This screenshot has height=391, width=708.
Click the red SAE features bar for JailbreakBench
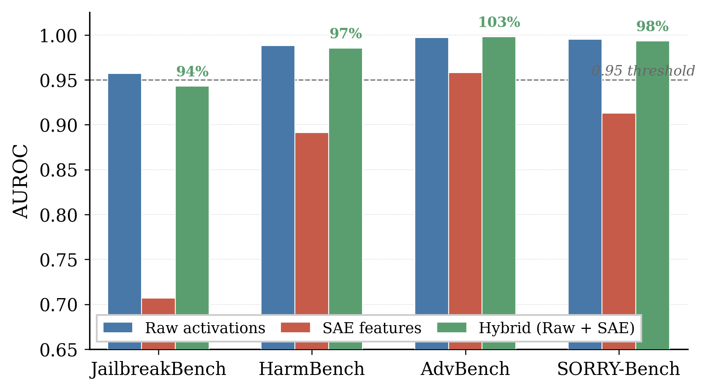click(158, 307)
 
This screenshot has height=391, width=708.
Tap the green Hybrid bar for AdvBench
click(499, 177)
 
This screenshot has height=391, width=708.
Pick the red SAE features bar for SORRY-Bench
click(619, 211)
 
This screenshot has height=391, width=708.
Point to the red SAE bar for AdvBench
click(465, 190)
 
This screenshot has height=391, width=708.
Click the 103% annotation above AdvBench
click(499, 22)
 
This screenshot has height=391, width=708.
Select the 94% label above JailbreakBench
click(192, 72)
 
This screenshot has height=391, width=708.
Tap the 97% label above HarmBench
click(346, 34)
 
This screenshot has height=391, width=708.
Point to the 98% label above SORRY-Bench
click(652, 27)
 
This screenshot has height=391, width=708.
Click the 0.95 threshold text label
click(643, 71)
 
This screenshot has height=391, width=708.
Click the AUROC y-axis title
click(20, 181)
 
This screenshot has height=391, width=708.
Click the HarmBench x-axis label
click(311, 369)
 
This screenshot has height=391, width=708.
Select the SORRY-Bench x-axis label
click(618, 369)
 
